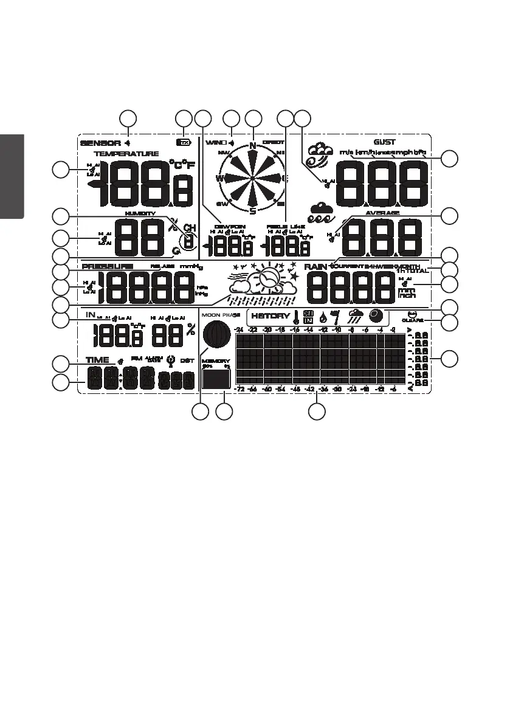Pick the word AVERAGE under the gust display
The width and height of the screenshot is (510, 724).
382,213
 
